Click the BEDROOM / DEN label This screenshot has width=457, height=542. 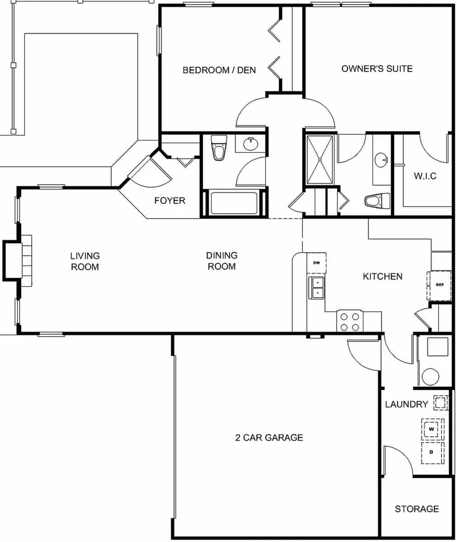tap(219, 70)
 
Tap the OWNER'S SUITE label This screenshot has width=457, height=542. tap(377, 68)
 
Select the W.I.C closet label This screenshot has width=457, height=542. tap(425, 176)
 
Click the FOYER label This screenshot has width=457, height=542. tap(170, 201)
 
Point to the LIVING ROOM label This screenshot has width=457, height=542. tap(85, 262)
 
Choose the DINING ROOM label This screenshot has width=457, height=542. tap(222, 261)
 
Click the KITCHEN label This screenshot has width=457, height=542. tap(382, 277)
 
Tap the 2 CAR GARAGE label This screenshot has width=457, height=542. tap(269, 437)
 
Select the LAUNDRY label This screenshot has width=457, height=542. tap(406, 405)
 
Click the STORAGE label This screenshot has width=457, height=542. tap(417, 509)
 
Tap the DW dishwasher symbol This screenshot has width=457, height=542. tap(316, 263)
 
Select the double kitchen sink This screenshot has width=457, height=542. tap(317, 287)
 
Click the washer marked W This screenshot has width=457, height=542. tap(431, 428)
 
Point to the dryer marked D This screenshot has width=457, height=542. tap(431, 452)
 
